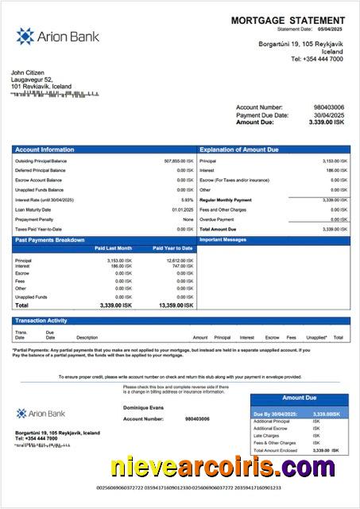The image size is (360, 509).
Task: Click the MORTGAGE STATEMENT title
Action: click(288, 21)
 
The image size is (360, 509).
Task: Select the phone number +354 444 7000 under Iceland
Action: click(317, 59)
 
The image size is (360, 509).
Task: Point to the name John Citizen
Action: click(29, 73)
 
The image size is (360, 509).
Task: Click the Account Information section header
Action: click(45, 150)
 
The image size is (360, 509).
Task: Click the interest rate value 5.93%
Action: click(187, 200)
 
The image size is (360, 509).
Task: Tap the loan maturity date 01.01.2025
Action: click(183, 209)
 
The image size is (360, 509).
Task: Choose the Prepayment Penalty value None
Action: click(188, 219)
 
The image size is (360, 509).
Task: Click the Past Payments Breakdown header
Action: click(50, 239)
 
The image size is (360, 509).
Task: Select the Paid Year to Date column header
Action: click(172, 248)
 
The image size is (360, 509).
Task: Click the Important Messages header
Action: click(223, 239)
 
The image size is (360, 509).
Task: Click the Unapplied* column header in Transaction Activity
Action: click(316, 337)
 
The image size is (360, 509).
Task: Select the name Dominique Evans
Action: click(142, 407)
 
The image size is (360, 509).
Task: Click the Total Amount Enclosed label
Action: click(277, 450)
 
